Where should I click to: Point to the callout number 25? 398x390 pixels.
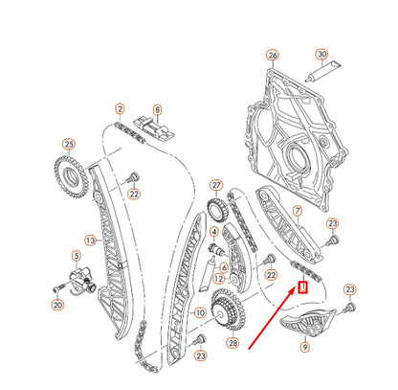pyautogui.click(x=68, y=145)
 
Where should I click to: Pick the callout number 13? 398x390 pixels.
pyautogui.click(x=90, y=240)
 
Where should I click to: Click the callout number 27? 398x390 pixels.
pyautogui.click(x=216, y=185)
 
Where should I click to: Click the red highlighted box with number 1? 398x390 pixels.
pyautogui.click(x=302, y=285)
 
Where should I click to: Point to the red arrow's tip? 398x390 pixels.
pyautogui.click(x=298, y=293)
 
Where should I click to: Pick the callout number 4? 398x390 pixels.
pyautogui.click(x=215, y=232)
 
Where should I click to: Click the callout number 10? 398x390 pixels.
pyautogui.click(x=201, y=311)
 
